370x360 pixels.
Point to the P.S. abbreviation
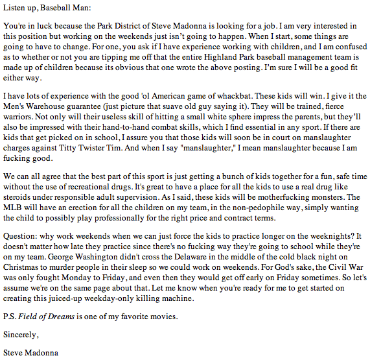pyautogui.click(x=10, y=318)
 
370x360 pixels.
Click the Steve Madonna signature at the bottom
pyautogui.click(x=30, y=353)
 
